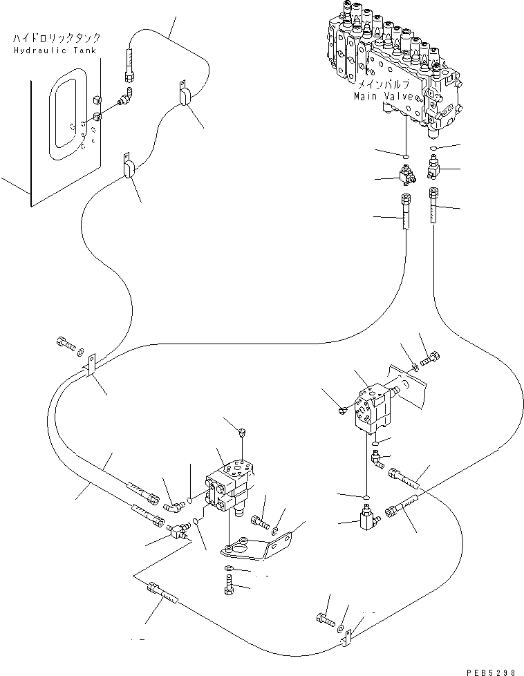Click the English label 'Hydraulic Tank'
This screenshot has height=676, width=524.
[55, 50]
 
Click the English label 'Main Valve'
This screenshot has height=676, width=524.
[384, 97]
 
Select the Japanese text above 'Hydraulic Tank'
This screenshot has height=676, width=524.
[57, 39]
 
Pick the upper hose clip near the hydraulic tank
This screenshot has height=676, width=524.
[184, 93]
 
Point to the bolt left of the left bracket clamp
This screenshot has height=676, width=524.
[65, 344]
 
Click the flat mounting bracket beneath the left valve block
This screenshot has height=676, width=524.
[255, 547]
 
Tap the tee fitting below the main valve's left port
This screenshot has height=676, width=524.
[406, 175]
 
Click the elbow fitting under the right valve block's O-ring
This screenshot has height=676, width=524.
[377, 459]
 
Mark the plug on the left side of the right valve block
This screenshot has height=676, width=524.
[343, 411]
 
